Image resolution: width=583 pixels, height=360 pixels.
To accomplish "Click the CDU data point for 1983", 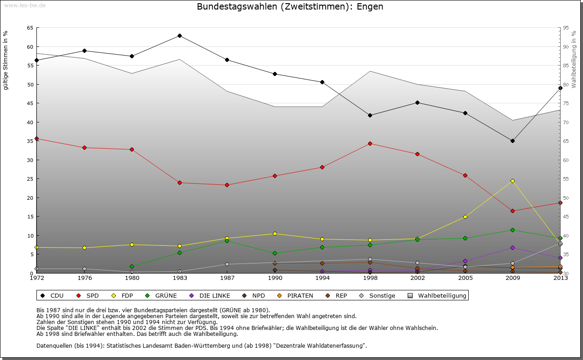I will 179,35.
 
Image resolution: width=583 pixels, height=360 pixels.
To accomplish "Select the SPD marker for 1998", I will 370,143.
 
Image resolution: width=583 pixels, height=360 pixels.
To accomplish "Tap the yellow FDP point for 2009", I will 512,181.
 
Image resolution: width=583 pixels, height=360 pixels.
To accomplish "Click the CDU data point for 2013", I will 560,88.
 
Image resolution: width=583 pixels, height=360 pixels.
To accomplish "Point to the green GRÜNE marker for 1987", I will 227,241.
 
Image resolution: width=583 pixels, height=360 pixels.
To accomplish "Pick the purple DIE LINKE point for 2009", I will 512,248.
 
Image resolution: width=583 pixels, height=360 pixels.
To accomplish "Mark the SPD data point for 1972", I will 36,138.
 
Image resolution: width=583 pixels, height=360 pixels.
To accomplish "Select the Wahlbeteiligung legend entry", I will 437,295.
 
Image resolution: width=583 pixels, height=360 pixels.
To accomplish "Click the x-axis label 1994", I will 322,278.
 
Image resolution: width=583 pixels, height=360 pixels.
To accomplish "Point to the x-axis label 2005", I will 465,278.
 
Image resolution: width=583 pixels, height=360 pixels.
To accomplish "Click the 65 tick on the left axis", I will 30,28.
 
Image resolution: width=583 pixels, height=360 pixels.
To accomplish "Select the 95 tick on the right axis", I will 566,28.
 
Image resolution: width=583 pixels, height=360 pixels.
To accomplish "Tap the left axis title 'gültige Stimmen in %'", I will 5,60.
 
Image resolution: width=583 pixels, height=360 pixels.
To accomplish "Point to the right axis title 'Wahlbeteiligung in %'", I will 573,60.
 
